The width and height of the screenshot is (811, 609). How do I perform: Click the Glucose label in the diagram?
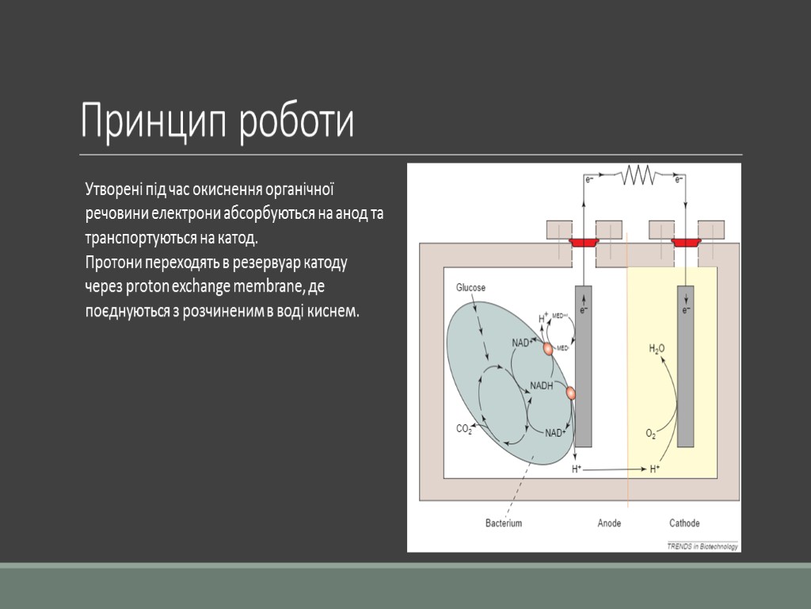(x=470, y=287)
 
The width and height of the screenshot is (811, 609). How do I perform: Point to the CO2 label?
(x=464, y=429)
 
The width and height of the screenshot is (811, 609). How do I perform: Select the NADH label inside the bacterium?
(x=542, y=385)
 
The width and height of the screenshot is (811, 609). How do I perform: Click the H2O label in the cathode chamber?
(x=657, y=348)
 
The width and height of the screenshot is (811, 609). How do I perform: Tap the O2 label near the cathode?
(x=651, y=434)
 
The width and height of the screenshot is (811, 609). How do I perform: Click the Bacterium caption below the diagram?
(x=504, y=523)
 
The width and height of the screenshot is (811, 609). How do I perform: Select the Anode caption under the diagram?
(x=609, y=523)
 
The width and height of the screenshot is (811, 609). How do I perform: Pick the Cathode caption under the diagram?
(x=684, y=523)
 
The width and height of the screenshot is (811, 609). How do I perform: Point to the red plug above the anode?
(x=584, y=242)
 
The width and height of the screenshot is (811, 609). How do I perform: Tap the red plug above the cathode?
(x=685, y=242)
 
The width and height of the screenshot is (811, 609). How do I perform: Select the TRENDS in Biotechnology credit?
(x=702, y=546)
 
